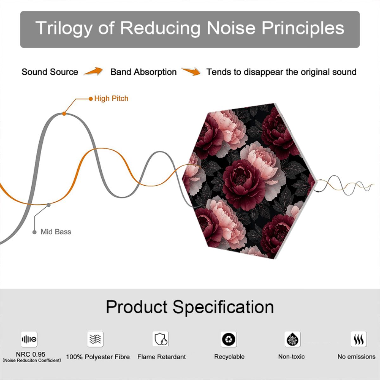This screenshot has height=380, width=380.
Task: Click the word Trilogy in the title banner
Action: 64,28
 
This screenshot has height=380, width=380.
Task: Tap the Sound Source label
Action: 50,72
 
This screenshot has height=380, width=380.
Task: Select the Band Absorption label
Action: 143,72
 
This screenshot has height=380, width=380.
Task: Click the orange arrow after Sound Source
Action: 93,71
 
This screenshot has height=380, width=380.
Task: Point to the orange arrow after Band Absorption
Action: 191,71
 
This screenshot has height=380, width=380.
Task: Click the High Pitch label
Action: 111,98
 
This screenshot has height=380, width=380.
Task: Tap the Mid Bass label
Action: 56,232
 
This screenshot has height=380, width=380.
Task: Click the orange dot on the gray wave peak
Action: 64,114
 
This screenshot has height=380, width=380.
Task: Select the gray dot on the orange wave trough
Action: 48,205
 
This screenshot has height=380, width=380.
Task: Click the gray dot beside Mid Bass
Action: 34,232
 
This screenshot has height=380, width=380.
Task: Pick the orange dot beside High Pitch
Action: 91,98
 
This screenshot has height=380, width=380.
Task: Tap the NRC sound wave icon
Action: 29,339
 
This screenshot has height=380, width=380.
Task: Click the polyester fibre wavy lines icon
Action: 95,339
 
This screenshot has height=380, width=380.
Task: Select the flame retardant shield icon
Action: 161,339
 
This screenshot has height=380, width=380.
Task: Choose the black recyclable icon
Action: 229,339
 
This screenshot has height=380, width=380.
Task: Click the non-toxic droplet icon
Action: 293,339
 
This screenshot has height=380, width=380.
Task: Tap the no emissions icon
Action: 359,339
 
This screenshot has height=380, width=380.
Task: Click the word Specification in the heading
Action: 223,307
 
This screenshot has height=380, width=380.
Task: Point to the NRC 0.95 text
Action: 31,354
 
